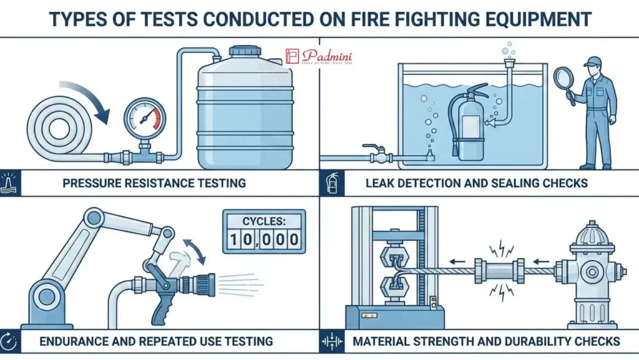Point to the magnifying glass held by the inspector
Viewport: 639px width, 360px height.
(563, 80)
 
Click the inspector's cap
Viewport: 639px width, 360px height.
(593, 61)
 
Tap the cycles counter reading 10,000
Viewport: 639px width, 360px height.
(264, 231)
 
